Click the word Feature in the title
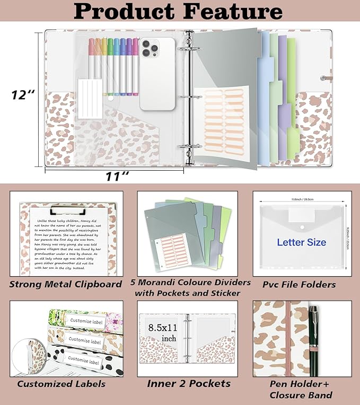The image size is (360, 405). coord(226,12)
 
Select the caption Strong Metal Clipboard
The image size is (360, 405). coord(65,284)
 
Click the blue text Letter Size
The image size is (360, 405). coord(301,242)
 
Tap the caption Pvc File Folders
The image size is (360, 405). coord(299,285)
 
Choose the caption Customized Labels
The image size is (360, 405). coord(61,384)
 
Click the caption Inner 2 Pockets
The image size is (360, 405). coord(189,383)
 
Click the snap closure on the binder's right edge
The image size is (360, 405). coord(323,78)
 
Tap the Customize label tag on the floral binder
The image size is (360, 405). coord(84,319)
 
